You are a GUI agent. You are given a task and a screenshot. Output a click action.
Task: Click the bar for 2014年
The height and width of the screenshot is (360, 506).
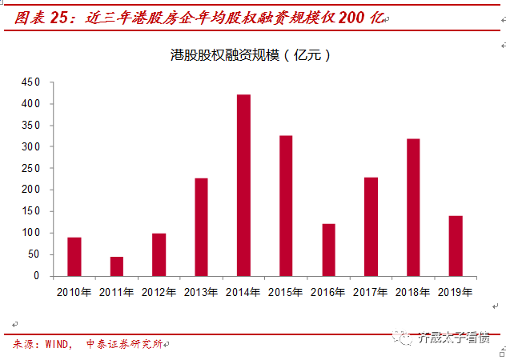click(x=243, y=185)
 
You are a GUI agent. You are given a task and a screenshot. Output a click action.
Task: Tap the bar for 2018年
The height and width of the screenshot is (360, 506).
click(x=413, y=207)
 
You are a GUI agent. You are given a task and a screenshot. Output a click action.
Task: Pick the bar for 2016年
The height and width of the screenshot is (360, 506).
click(x=328, y=250)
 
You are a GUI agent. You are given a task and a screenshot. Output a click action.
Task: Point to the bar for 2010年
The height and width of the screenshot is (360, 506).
click(x=74, y=257)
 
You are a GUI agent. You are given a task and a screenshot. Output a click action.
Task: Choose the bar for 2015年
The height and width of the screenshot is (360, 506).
click(x=286, y=206)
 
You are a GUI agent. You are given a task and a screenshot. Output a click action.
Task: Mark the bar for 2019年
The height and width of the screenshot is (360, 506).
click(x=456, y=246)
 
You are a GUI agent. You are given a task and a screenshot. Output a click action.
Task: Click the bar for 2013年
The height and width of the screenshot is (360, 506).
click(x=201, y=227)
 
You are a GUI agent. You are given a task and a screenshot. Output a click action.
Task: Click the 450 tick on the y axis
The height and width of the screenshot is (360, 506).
click(x=30, y=82)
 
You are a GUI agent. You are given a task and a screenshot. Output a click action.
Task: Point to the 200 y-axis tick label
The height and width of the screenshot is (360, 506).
click(x=30, y=190)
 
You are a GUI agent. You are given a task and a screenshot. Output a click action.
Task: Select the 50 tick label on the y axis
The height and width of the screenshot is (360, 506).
click(x=32, y=254)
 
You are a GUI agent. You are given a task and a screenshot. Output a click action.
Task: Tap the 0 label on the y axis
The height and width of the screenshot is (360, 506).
click(x=36, y=276)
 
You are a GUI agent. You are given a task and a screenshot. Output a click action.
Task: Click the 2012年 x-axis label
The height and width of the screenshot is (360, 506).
click(x=159, y=291)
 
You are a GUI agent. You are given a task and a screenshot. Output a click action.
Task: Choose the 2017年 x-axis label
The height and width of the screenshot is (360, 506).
click(x=371, y=291)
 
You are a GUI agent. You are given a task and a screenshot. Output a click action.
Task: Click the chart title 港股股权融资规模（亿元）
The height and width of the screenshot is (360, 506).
click(x=251, y=55)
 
